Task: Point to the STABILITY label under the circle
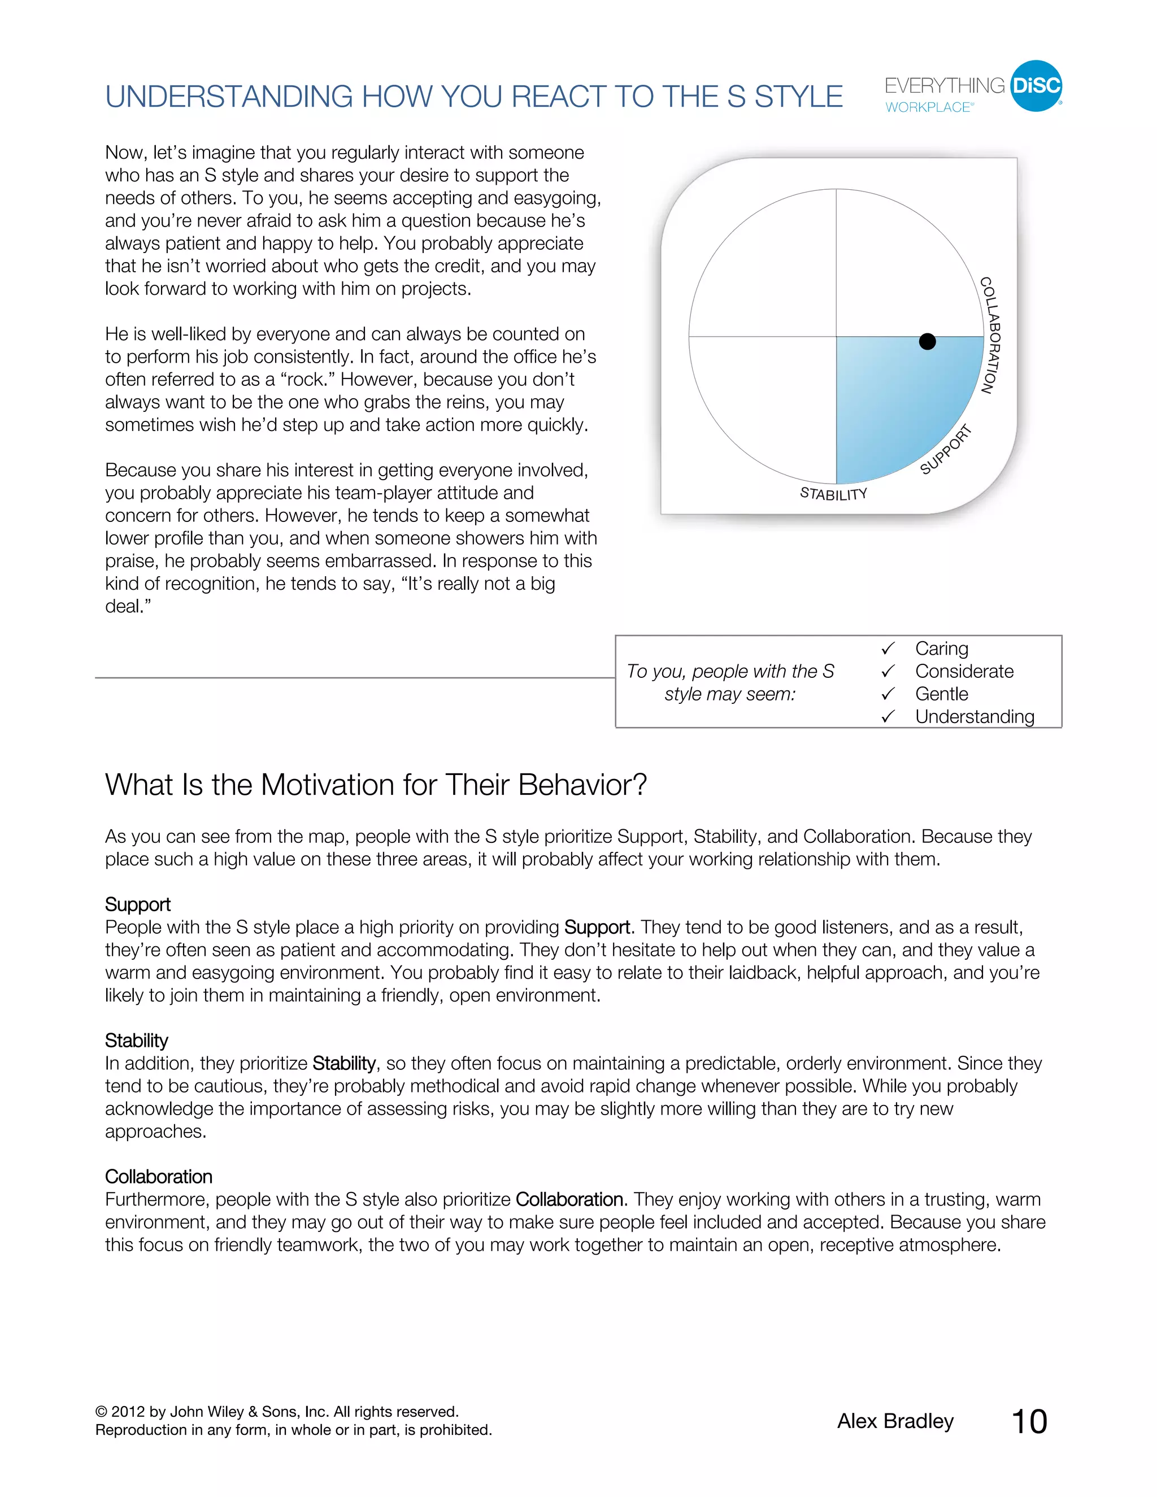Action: (833, 494)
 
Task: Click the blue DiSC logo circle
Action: (1036, 86)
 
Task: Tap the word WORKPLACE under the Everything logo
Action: (928, 107)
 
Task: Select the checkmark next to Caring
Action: (888, 649)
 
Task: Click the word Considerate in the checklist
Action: (964, 671)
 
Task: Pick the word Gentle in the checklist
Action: (941, 694)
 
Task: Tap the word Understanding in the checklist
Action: (974, 716)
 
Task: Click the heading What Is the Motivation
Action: (376, 785)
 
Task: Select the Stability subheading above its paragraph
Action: (136, 1041)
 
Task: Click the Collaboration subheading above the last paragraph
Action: (158, 1177)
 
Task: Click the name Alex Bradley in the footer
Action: (895, 1421)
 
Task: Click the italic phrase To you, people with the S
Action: (730, 671)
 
